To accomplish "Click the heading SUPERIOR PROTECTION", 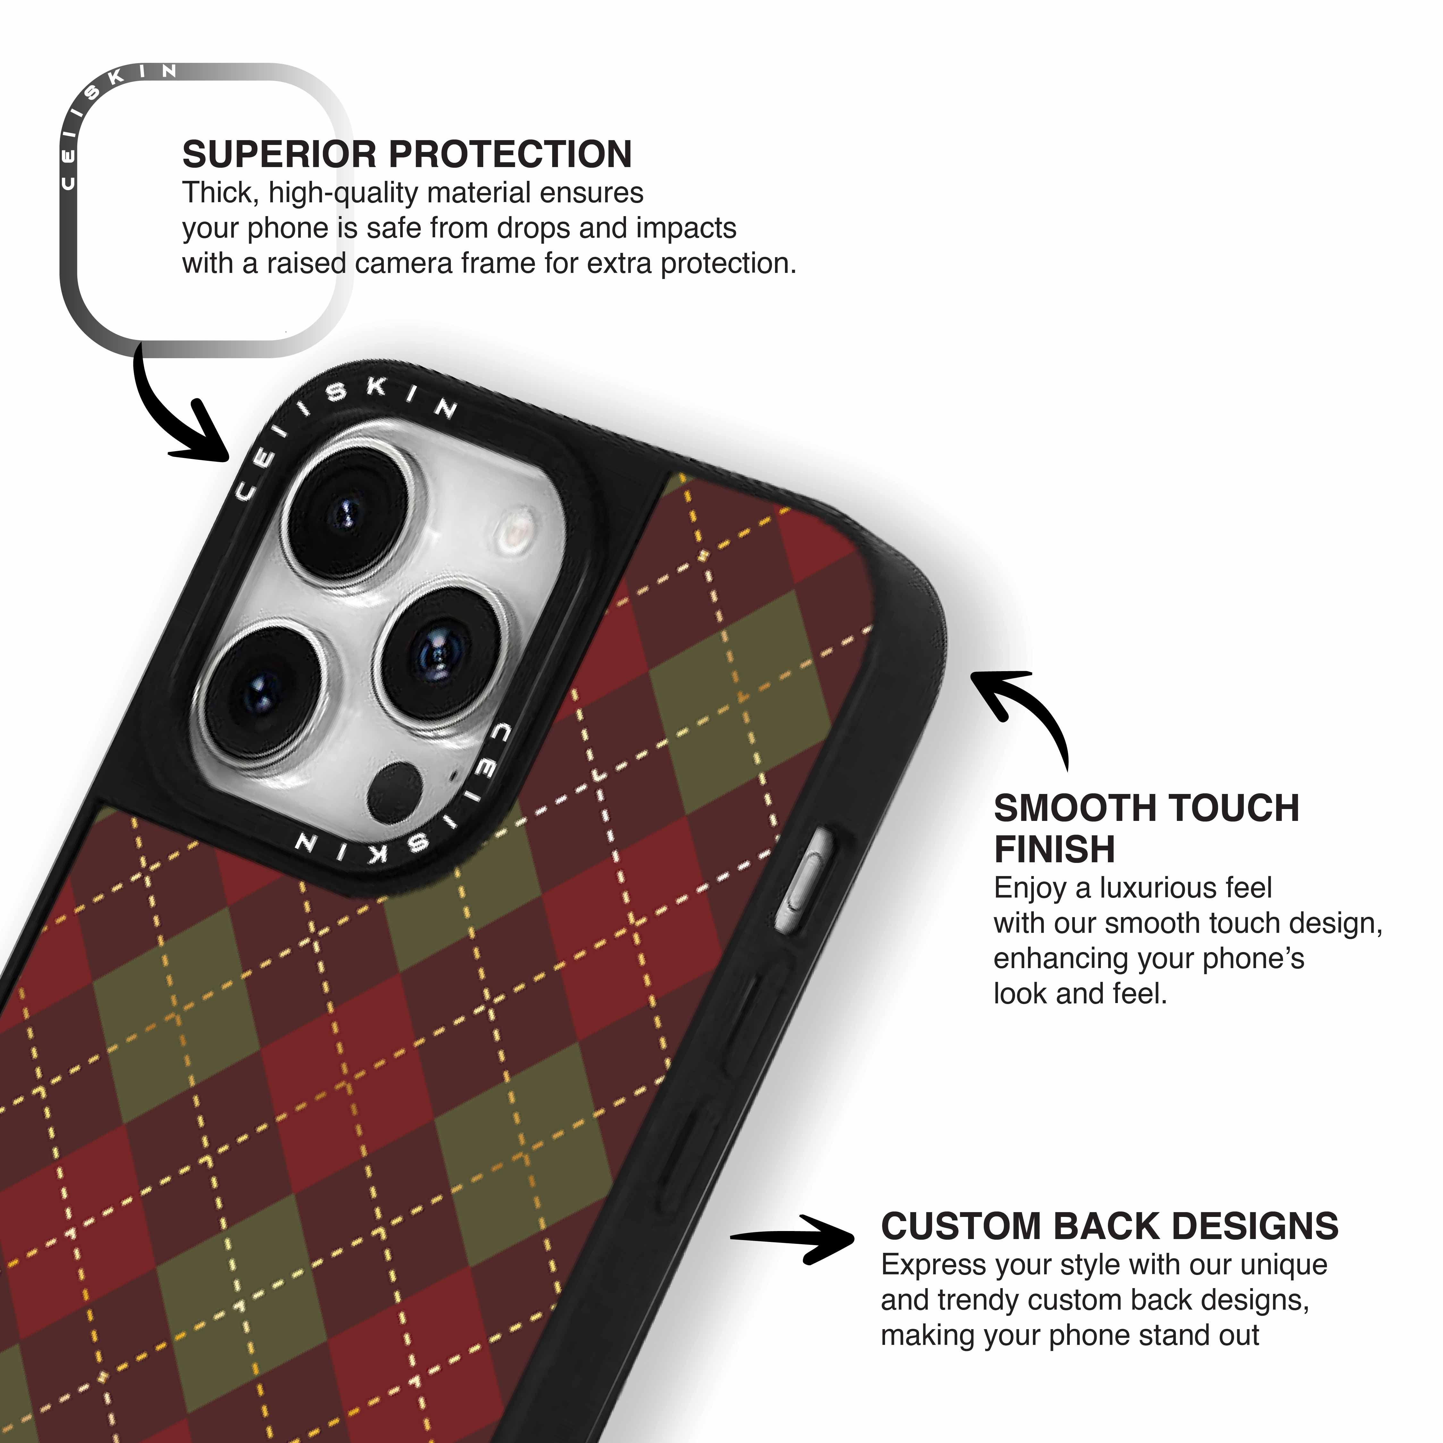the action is [407, 155].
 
